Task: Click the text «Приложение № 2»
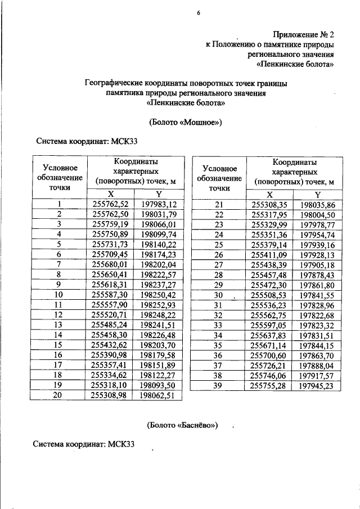pos(304,34)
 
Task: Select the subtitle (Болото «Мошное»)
pos(186,122)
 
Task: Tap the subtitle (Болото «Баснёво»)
pos(183,424)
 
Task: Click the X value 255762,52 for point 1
pos(110,204)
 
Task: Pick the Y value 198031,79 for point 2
pos(159,214)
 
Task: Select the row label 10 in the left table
pos(58,294)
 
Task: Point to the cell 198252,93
pos(159,304)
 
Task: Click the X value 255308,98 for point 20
pos(110,395)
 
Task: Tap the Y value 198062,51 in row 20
pos(159,395)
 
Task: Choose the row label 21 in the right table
pos(219,204)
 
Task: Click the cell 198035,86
pos(317,204)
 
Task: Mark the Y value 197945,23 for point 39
pos(317,385)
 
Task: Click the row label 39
pos(219,385)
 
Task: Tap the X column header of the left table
pos(110,193)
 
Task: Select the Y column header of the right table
pos(317,193)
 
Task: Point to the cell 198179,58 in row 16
pos(159,355)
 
